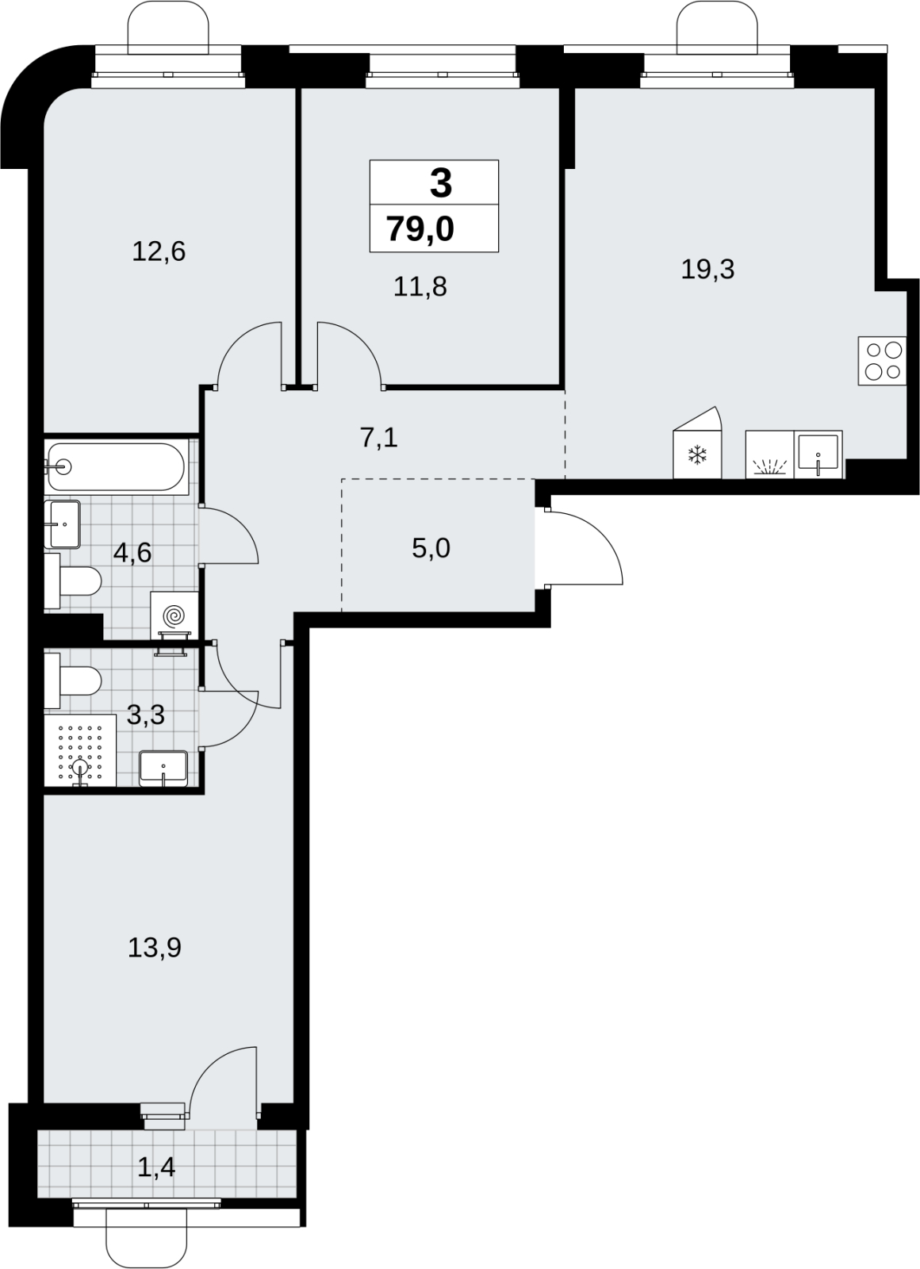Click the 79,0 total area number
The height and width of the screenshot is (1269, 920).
[420, 229]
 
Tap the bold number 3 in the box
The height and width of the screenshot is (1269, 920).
[441, 183]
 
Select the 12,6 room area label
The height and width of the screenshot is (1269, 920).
[159, 251]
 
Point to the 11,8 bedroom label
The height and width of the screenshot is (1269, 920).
[420, 286]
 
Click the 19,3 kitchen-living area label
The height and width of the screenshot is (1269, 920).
[707, 269]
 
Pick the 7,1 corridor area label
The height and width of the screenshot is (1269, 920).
[379, 438]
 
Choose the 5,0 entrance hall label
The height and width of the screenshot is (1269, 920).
[431, 548]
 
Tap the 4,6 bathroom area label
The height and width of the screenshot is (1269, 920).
[132, 553]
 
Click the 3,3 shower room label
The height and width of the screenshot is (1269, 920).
[146, 715]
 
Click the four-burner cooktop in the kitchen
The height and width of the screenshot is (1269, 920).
[882, 361]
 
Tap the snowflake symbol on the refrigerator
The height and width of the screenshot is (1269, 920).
[697, 455]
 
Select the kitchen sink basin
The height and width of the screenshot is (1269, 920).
[818, 452]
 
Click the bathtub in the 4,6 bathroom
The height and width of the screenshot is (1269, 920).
[116, 467]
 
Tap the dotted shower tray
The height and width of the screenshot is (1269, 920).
[80, 750]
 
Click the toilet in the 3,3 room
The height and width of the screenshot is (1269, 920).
[72, 681]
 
